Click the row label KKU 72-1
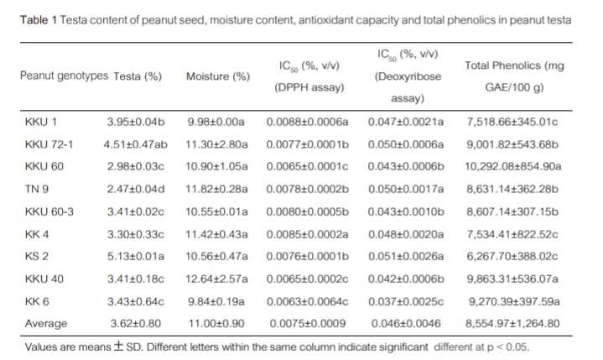49,143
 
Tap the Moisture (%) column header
218,76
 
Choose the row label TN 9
36,189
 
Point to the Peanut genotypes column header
64,76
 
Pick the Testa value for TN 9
135,189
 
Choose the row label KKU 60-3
49,211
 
